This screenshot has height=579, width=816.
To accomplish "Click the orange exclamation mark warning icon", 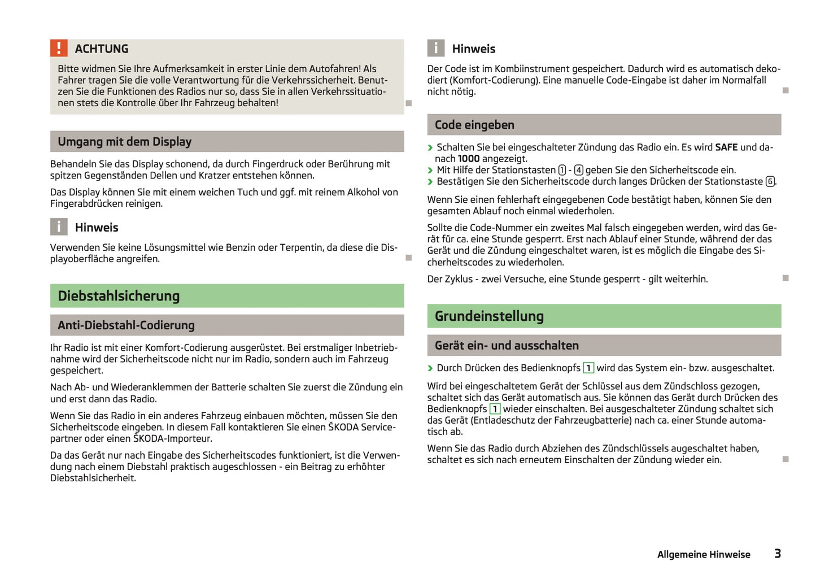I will click(59, 48).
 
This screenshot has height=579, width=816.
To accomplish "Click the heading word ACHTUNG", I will click(102, 49).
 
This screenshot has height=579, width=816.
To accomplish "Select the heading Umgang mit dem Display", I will click(124, 142).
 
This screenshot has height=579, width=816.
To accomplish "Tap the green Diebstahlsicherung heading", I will click(119, 296).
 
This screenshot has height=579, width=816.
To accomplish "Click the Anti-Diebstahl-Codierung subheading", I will click(126, 325).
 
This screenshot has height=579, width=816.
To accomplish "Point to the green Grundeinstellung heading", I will click(489, 316).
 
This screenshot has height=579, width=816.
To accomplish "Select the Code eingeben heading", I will click(474, 125).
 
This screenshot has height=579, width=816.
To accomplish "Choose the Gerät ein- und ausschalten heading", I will click(507, 346).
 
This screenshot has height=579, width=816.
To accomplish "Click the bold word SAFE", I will click(726, 147).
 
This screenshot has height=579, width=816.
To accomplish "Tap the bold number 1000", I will click(469, 159).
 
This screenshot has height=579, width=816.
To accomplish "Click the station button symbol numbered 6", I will click(770, 181).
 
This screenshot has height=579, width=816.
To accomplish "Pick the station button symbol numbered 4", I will click(578, 170).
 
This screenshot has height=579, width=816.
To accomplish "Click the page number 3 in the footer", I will click(778, 554).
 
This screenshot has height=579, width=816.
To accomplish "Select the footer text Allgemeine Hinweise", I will click(704, 555).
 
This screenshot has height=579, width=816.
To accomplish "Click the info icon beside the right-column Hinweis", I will click(435, 48).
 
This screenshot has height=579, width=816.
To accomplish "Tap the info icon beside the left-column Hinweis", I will click(59, 227).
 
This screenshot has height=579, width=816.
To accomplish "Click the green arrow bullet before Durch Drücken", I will click(430, 368).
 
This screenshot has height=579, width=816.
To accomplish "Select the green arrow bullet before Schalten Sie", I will click(430, 148).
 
